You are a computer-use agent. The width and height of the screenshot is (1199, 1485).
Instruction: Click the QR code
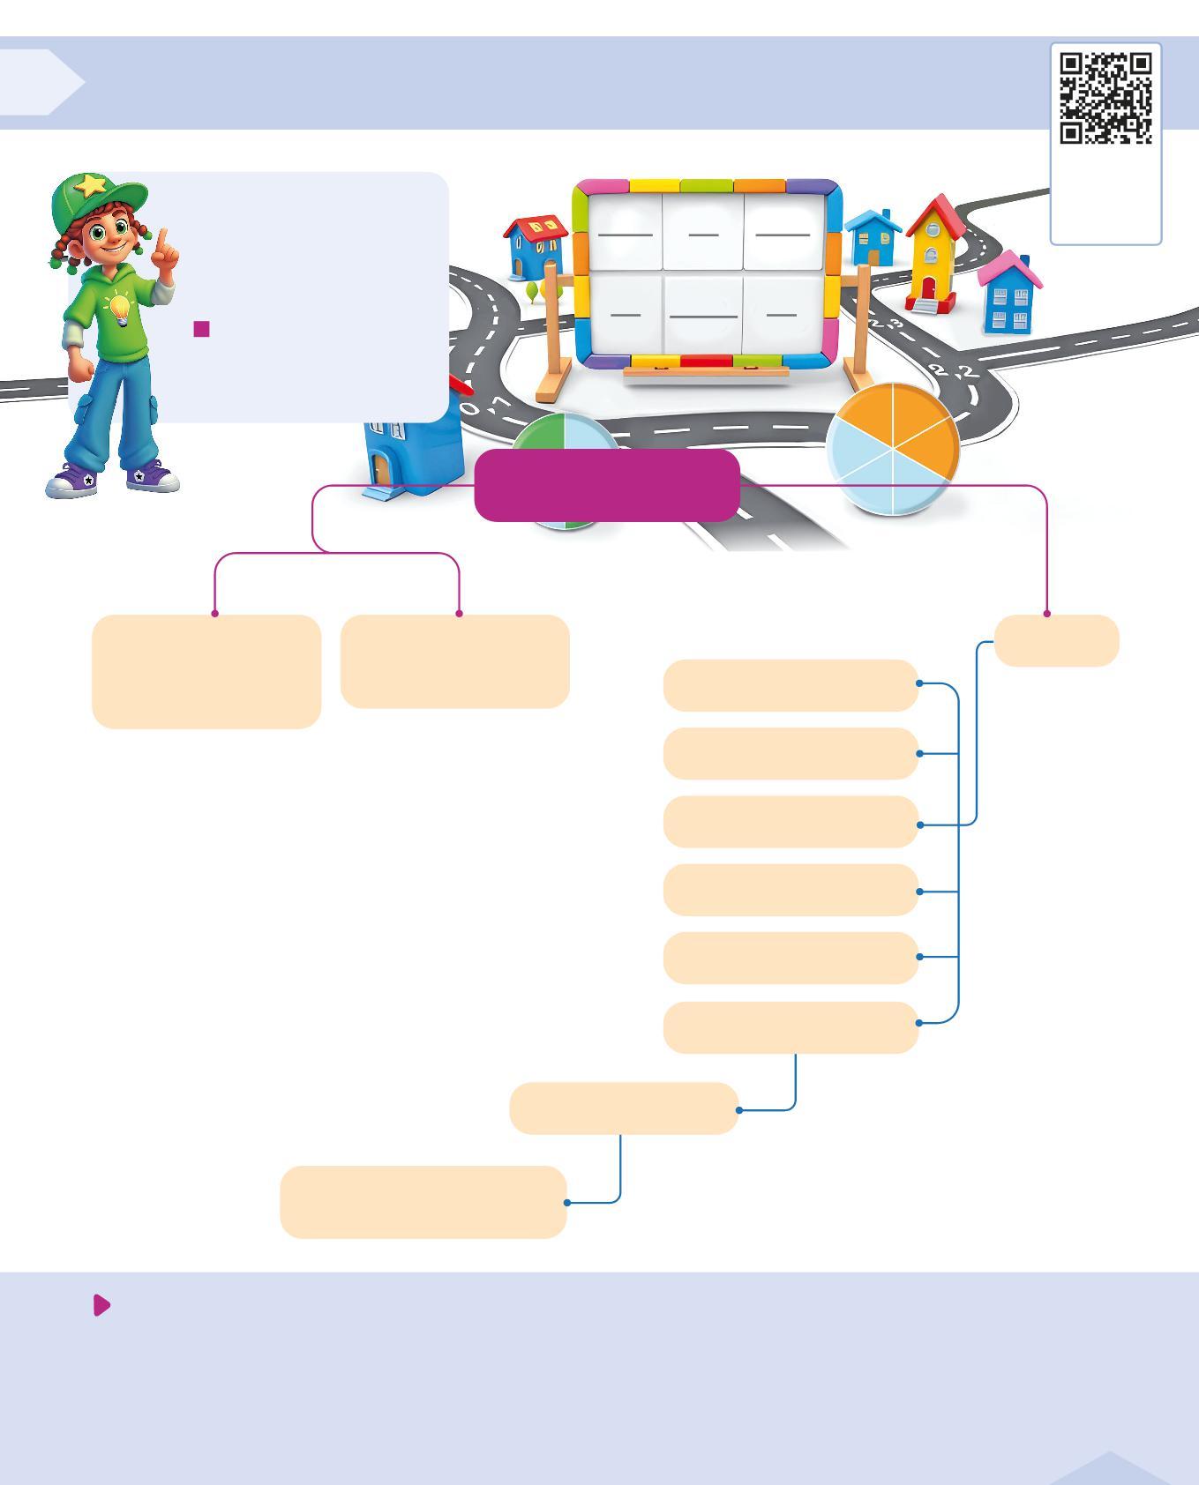tap(1105, 97)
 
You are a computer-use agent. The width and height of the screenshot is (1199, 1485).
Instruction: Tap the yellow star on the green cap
tap(91, 185)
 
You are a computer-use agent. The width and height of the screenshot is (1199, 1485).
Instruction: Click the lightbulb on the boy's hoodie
tap(118, 310)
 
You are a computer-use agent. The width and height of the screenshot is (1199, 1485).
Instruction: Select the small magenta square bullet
tap(201, 329)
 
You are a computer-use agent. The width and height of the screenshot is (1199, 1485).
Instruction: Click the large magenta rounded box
tap(606, 485)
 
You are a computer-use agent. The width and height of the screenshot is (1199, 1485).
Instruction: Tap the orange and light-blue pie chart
tap(893, 448)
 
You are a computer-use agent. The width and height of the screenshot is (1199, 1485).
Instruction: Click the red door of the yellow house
tap(928, 287)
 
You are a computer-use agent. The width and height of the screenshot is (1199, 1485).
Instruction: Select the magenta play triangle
tap(101, 1305)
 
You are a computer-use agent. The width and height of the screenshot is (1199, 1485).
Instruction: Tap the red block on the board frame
tap(706, 362)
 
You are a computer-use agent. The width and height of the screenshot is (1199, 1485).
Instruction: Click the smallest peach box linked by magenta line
tap(1056, 640)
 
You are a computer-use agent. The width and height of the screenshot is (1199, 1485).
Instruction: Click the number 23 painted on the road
tap(887, 325)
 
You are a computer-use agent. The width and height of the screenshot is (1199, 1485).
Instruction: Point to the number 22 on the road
tap(953, 371)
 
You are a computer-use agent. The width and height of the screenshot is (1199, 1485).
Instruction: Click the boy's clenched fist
tap(80, 368)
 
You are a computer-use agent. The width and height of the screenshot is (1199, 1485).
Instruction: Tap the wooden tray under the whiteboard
tap(706, 374)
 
